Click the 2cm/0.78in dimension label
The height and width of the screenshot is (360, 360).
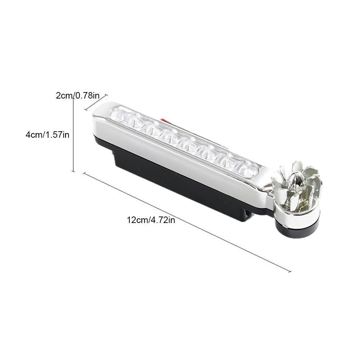point(78,95)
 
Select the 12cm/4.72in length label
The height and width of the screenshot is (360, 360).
point(151,220)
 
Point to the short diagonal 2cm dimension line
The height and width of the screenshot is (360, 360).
point(96,102)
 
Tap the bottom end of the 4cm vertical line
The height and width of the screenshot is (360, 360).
point(73,171)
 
